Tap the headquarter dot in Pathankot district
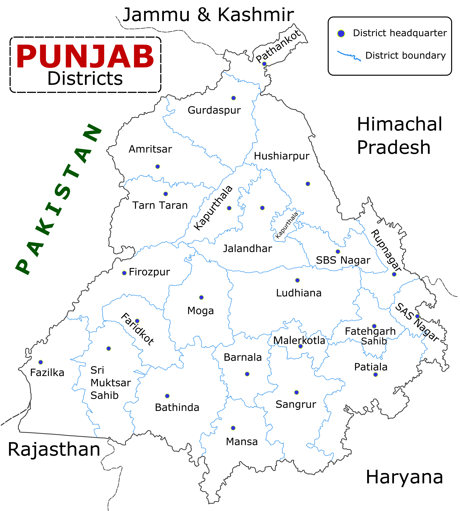[264, 64]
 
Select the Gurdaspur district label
[214, 110]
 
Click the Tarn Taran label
[160, 205]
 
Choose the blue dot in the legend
[341, 33]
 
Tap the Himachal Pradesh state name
[399, 136]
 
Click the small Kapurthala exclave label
[287, 225]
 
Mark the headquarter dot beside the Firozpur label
[124, 273]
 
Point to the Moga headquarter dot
[201, 298]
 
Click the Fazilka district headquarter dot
[40, 362]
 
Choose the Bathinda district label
[177, 407]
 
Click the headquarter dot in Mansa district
[233, 428]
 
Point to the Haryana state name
[404, 477]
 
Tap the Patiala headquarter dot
[376, 375]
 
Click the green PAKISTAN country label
[58, 200]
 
